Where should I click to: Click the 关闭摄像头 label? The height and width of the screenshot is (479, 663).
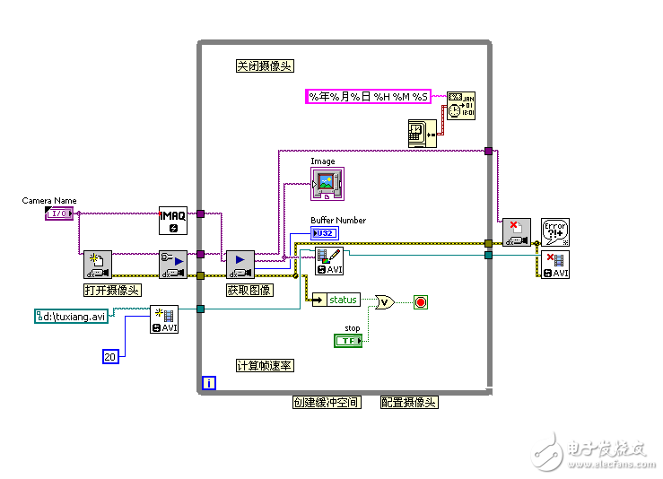(265, 66)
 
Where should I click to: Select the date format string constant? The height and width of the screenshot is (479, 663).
(368, 97)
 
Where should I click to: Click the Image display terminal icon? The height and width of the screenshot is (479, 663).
(327, 183)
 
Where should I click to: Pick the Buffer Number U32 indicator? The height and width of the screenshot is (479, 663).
(324, 233)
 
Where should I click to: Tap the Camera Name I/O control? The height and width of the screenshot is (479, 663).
(58, 213)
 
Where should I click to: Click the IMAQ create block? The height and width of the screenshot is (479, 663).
(172, 220)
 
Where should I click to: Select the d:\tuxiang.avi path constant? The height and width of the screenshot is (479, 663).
(72, 316)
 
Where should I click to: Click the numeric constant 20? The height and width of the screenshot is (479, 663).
(109, 356)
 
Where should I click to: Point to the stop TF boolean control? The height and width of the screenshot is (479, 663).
(347, 341)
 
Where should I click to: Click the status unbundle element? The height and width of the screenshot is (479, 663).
(337, 300)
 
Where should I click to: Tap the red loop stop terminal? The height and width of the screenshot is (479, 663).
(420, 302)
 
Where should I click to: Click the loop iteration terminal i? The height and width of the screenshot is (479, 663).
(209, 383)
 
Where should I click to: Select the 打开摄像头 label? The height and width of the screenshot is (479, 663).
(112, 290)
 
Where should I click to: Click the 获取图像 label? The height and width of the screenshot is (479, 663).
(249, 290)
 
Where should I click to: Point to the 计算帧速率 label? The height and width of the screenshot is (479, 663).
(265, 366)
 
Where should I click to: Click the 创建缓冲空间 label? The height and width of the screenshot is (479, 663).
(327, 403)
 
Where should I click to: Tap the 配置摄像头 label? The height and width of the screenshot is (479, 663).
(409, 403)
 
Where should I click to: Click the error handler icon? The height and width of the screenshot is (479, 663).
(556, 232)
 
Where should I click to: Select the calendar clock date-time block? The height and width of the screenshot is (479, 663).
(461, 105)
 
